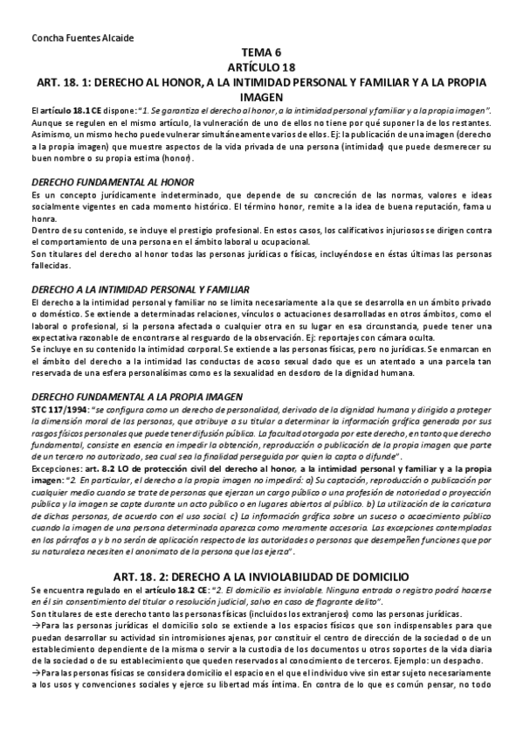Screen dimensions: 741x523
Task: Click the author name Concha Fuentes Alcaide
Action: click(x=75, y=38)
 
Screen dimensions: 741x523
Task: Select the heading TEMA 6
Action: click(x=262, y=53)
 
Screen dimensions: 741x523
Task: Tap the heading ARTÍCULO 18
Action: click(x=262, y=66)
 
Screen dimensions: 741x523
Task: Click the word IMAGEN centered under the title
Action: click(x=262, y=95)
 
